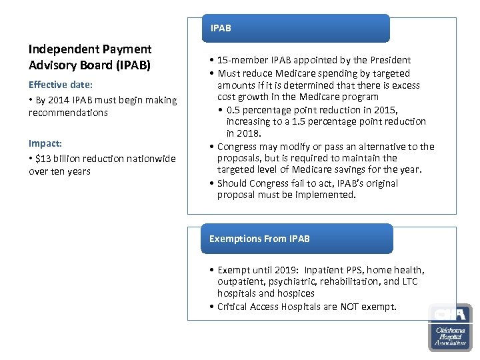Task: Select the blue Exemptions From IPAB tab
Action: (x=297, y=239)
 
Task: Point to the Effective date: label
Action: (x=61, y=85)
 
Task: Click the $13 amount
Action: (x=43, y=159)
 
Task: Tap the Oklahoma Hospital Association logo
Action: (x=450, y=327)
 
